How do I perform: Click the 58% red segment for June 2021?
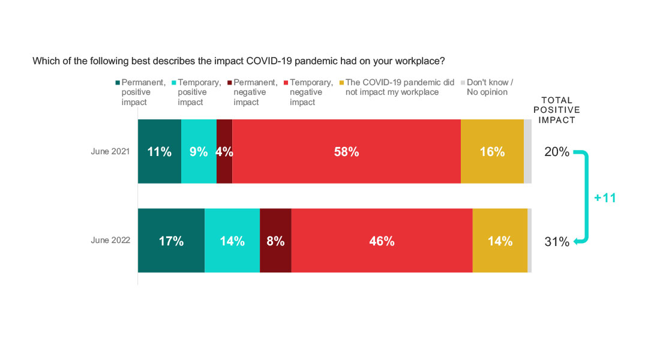click(346, 152)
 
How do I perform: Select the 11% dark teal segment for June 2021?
click(160, 152)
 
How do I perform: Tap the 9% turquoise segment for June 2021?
click(199, 152)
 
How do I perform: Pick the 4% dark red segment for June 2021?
click(224, 152)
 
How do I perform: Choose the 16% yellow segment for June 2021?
click(492, 152)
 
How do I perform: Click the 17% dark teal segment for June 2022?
click(171, 241)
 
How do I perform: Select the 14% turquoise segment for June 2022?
click(232, 241)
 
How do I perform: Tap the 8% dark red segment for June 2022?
click(275, 241)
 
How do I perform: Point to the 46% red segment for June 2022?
click(382, 241)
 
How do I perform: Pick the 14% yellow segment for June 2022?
click(500, 241)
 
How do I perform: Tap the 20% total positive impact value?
click(557, 152)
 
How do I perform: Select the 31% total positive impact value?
click(557, 242)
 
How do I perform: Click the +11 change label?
click(605, 198)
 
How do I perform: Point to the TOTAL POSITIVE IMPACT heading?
click(557, 110)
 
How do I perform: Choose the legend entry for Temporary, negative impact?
click(311, 92)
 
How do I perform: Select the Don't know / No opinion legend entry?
click(490, 87)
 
